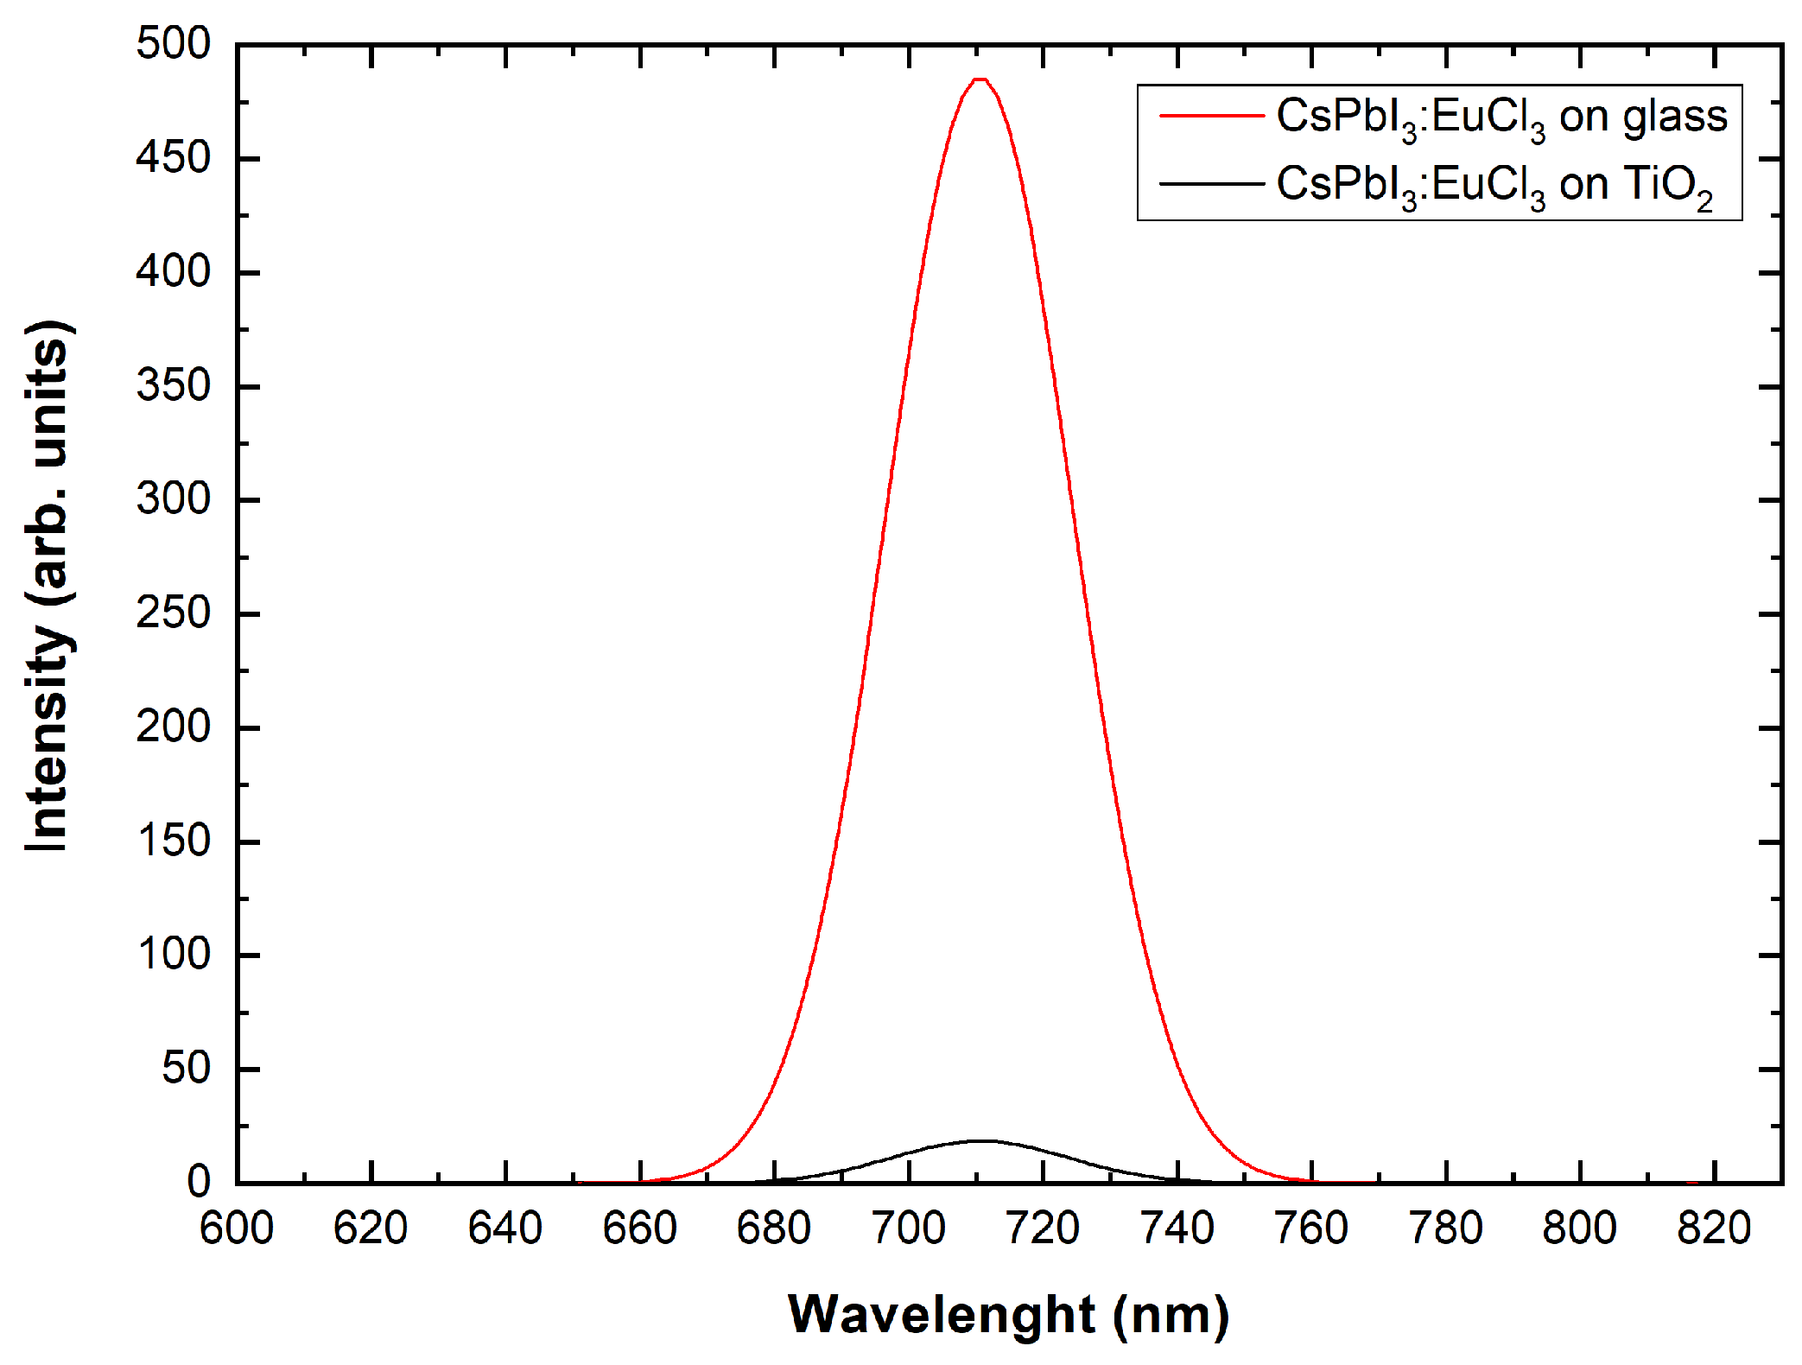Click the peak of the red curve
tap(980, 79)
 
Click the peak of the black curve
tap(981, 1140)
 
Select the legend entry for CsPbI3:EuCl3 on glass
tap(1501, 117)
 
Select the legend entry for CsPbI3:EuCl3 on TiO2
tap(1494, 185)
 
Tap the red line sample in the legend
tap(1211, 115)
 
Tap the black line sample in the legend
tap(1211, 183)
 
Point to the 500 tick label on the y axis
tap(173, 43)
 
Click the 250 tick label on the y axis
tap(173, 613)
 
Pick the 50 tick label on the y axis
tap(186, 1069)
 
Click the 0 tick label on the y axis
tap(199, 1182)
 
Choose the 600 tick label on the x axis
tap(237, 1228)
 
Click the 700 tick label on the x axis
tap(909, 1228)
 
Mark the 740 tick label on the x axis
tap(1177, 1228)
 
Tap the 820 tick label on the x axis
tap(1714, 1228)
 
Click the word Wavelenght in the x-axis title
tap(942, 1315)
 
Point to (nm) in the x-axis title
tap(1171, 1315)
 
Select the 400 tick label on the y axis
tap(173, 272)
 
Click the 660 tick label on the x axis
tap(639, 1228)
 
